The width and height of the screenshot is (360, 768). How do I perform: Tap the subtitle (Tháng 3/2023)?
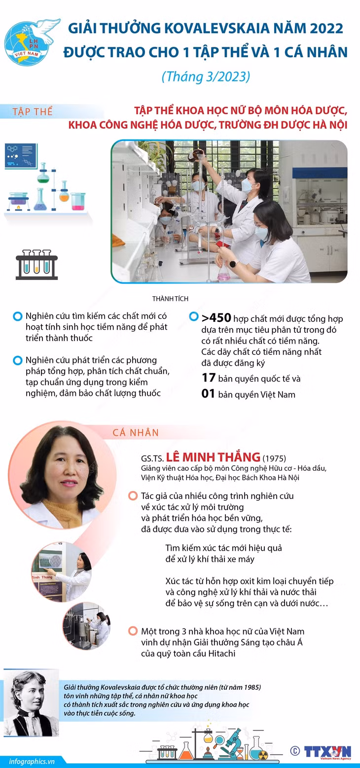[x=206, y=76]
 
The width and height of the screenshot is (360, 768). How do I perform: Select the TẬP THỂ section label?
[x=33, y=111]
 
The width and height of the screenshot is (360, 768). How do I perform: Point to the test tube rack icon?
[x=36, y=264]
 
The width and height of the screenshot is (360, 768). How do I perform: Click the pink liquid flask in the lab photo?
[x=223, y=274]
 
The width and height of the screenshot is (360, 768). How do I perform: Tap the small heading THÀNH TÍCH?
[x=171, y=299]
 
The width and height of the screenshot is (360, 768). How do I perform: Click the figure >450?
[x=216, y=318]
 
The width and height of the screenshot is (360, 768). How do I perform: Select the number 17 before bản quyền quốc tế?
[x=209, y=378]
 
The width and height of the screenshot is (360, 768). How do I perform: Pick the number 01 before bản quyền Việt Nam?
[x=208, y=393]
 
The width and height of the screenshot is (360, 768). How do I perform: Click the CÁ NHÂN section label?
[x=136, y=433]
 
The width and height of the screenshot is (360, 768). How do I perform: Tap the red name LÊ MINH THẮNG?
[x=213, y=457]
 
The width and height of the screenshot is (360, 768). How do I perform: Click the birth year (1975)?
[x=274, y=458]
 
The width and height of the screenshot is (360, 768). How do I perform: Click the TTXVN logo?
[x=328, y=752]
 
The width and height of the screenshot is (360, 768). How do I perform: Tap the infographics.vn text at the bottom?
[x=32, y=761]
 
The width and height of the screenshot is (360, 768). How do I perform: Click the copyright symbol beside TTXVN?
[x=295, y=751]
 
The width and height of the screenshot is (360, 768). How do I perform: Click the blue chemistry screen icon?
[x=21, y=156]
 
